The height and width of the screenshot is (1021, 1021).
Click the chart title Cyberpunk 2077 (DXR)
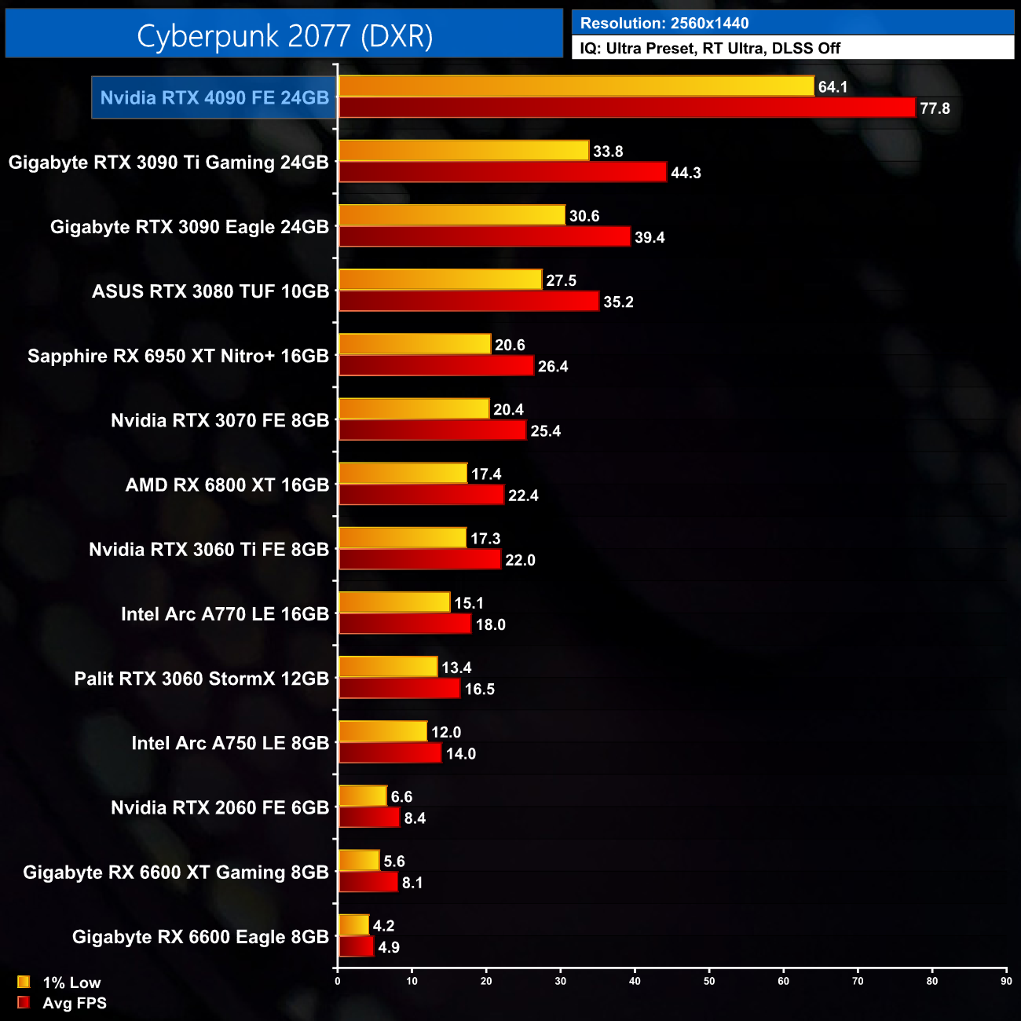(x=284, y=35)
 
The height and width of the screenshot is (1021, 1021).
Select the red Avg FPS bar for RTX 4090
(x=627, y=108)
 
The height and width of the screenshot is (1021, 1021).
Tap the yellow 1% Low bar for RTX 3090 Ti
(x=463, y=151)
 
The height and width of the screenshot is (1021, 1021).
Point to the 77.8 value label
(x=935, y=108)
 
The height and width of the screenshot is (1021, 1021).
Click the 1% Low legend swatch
(x=24, y=982)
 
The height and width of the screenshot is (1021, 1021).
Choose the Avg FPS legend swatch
(x=24, y=1003)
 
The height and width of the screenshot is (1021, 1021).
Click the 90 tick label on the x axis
(x=1006, y=981)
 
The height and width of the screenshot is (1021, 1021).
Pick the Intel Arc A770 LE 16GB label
(x=225, y=614)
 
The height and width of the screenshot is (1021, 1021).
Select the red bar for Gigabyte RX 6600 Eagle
(x=356, y=946)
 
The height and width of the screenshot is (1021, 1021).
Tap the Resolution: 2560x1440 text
(x=664, y=24)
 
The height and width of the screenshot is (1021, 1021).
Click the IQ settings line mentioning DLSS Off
(x=710, y=49)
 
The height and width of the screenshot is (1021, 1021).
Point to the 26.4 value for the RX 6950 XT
(x=553, y=367)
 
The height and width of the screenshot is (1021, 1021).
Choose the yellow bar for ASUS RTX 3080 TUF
(x=440, y=280)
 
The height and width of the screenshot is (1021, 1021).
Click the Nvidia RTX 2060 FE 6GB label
(x=220, y=807)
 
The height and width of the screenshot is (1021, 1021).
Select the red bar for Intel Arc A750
(x=390, y=753)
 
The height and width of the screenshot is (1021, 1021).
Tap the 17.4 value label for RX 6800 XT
(x=486, y=474)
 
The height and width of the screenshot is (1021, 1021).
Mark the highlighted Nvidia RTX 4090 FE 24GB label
(x=214, y=97)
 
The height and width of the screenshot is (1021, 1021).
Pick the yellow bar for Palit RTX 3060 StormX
(x=387, y=667)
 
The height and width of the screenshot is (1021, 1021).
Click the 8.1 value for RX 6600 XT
(x=412, y=883)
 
